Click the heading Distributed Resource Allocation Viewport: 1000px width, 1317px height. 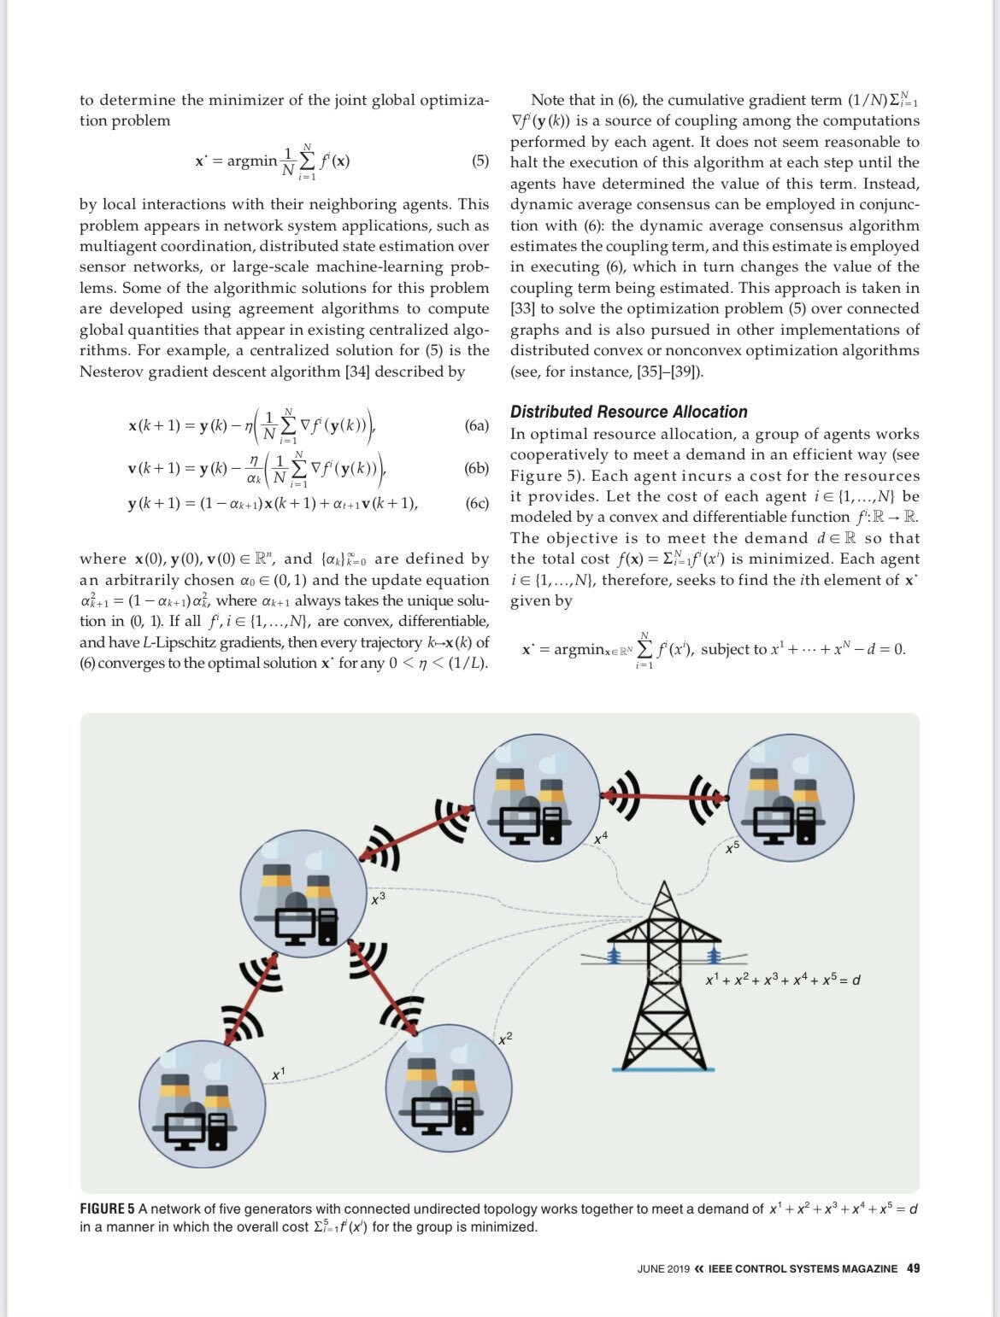pos(628,412)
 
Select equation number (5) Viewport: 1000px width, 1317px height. pos(480,161)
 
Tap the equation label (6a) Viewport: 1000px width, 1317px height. pos(477,425)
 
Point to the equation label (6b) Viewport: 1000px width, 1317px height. pos(477,468)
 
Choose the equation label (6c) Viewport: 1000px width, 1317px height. pos(477,503)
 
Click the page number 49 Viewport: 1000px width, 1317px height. pos(913,1268)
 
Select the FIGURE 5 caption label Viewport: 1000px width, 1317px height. pos(107,1209)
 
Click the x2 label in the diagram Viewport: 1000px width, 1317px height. pos(505,1037)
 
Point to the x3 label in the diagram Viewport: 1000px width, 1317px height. pos(378,898)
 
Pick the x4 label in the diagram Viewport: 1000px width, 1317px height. pos(601,838)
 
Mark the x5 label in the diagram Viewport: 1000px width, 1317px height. pos(732,847)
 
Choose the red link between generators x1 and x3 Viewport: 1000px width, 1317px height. pos(250,998)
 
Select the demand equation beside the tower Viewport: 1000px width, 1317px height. pos(782,979)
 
